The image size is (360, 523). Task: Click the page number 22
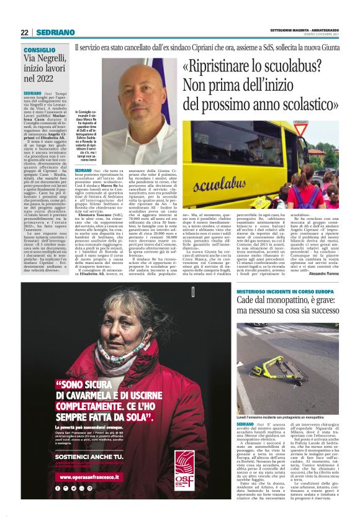pyautogui.click(x=24, y=32)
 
